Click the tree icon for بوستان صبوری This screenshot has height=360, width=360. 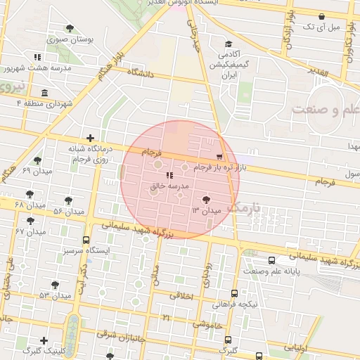[70, 28]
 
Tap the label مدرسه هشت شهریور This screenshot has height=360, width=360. [37, 68]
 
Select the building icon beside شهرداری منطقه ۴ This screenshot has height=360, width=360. [45, 94]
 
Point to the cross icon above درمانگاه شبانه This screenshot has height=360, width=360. [89, 139]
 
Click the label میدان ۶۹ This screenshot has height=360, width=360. [36, 171]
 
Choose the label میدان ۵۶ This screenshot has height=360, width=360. [68, 211]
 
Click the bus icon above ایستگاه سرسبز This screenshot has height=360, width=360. [86, 240]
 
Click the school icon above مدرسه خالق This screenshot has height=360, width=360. [169, 176]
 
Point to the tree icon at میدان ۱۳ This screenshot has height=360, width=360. [206, 200]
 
